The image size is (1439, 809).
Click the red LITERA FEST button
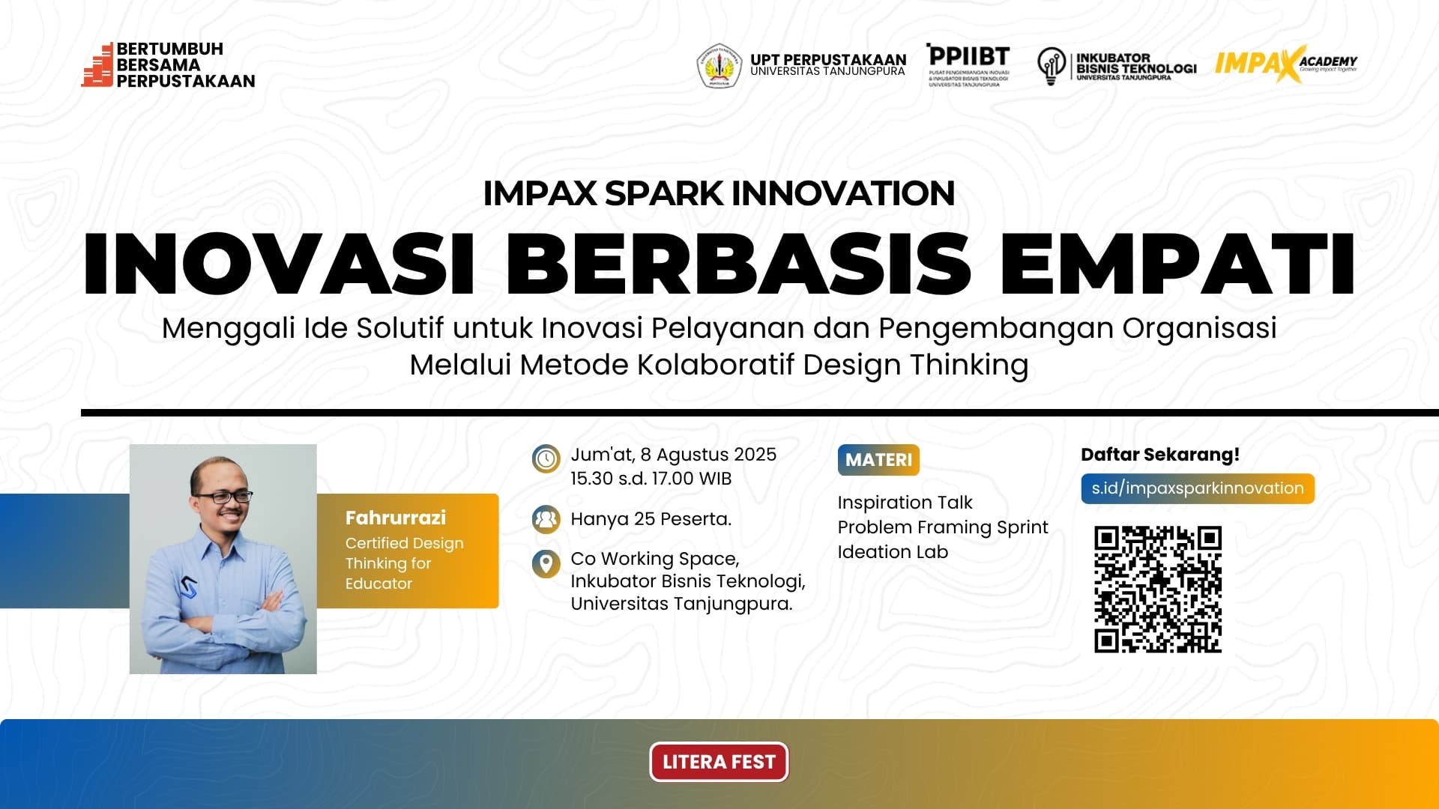pyautogui.click(x=719, y=762)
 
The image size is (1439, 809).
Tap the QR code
pyautogui.click(x=1158, y=590)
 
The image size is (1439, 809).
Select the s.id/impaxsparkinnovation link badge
pyautogui.click(x=1197, y=488)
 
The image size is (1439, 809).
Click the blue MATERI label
pyautogui.click(x=878, y=460)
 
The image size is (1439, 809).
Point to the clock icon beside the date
pyautogui.click(x=546, y=458)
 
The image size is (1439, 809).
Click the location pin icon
pyautogui.click(x=546, y=563)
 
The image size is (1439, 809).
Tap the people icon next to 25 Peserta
pyautogui.click(x=546, y=518)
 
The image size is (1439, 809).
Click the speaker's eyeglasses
pyautogui.click(x=223, y=497)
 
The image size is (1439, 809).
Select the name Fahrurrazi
pyautogui.click(x=395, y=518)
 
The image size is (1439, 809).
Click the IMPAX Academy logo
pyautogui.click(x=1285, y=64)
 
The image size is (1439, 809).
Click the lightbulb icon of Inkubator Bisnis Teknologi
pyautogui.click(x=1051, y=66)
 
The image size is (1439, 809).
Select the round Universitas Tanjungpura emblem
pyautogui.click(x=719, y=66)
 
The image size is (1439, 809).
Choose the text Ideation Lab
pyautogui.click(x=893, y=552)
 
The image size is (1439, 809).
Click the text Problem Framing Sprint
pyautogui.click(x=942, y=527)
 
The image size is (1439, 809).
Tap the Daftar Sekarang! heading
pyautogui.click(x=1159, y=455)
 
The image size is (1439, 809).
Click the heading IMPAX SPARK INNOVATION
pyautogui.click(x=719, y=193)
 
